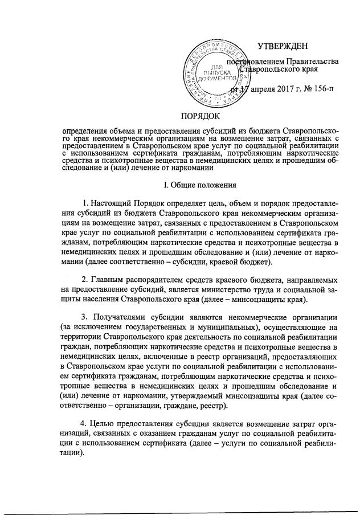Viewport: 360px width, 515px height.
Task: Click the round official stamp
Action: [215, 74]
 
